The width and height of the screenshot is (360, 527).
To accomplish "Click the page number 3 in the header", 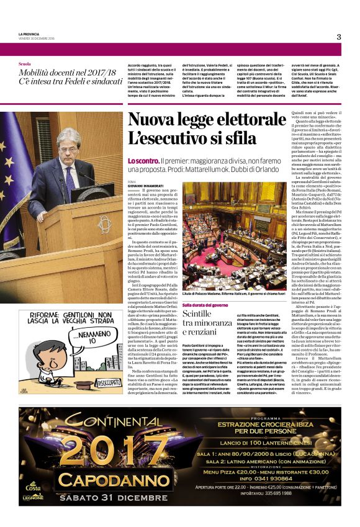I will pyautogui.click(x=339, y=37).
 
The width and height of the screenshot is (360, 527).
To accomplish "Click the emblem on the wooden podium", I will pyautogui.click(x=103, y=224).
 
